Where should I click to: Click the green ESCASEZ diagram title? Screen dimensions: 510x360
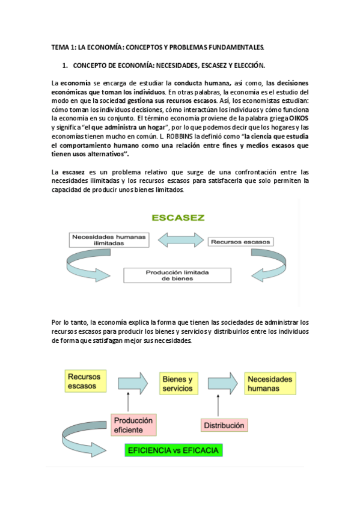pos(179,218)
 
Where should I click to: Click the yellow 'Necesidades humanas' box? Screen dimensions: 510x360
pos(270,384)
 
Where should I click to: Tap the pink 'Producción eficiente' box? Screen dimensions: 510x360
pos(132,425)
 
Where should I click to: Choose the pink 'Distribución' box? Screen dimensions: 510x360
pos(224,425)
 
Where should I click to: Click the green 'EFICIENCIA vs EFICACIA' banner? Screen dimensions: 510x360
pos(172,449)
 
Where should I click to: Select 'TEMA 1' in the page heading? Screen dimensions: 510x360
pos(61,46)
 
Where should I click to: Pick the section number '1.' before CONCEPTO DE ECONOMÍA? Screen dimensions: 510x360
pos(66,64)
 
